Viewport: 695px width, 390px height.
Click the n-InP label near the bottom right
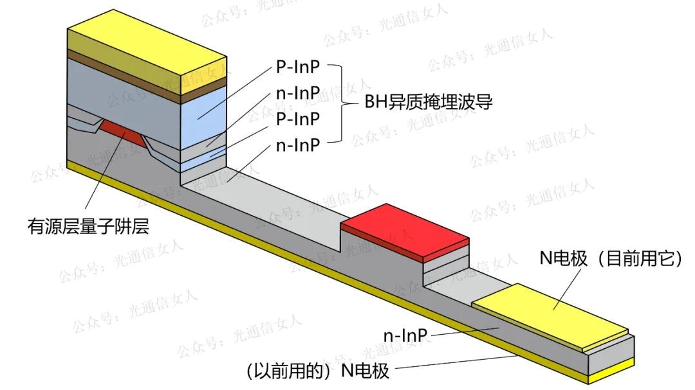pyautogui.click(x=406, y=335)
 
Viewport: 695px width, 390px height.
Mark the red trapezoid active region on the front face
pyautogui.click(x=122, y=132)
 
